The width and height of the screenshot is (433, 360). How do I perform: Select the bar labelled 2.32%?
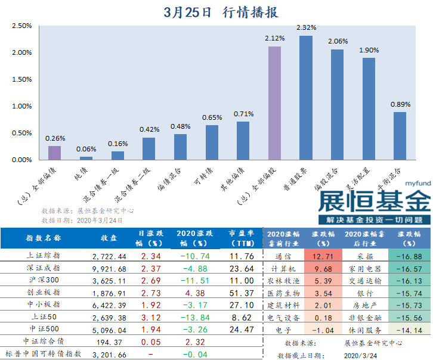coord(305,98)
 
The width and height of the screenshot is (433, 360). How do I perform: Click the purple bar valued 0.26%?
coord(54,153)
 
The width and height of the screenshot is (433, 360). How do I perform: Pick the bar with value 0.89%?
coord(400,136)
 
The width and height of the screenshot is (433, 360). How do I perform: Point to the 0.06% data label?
coord(86,149)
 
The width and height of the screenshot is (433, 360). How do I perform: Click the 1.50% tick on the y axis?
coord(21,79)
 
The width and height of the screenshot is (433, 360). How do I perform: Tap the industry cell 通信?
coord(283,256)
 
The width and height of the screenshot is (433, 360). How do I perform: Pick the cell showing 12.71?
coord(322,256)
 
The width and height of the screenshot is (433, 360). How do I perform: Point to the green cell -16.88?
coord(409,256)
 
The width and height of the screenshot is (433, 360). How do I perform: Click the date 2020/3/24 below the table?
coord(362,354)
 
